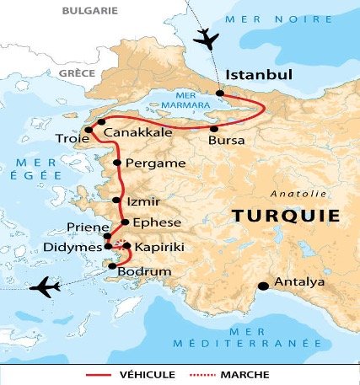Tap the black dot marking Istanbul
click(x=220, y=94)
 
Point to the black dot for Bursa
click(x=212, y=128)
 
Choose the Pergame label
click(x=148, y=162)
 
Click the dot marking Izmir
click(x=116, y=201)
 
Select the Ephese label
click(x=152, y=222)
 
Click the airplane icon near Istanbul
click(x=205, y=38)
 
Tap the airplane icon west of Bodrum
click(x=44, y=288)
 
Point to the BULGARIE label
click(x=92, y=11)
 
